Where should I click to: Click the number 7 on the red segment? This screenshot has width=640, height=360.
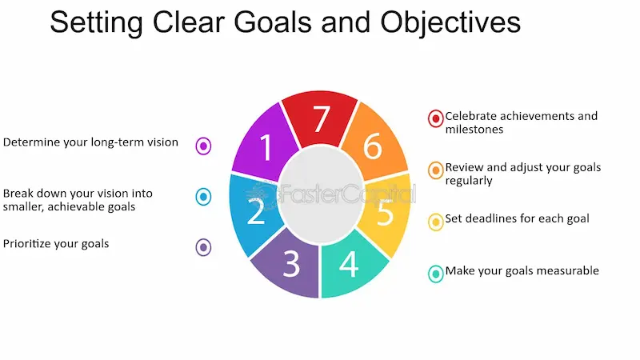(x=320, y=119)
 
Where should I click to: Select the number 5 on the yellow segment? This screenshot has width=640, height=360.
(x=386, y=214)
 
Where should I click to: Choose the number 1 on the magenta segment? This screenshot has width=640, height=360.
(x=266, y=147)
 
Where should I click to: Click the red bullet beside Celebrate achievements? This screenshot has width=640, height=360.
(x=436, y=118)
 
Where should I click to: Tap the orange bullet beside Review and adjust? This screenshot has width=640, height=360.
(x=436, y=170)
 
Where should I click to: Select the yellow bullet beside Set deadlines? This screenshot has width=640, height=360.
(x=436, y=222)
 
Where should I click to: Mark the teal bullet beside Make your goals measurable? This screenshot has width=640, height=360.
(x=436, y=274)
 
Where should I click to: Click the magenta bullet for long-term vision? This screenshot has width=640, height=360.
(x=204, y=146)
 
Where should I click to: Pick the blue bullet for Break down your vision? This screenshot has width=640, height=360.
(x=204, y=197)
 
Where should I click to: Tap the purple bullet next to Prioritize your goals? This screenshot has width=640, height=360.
(x=204, y=247)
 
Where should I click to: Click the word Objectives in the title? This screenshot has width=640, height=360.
(x=450, y=22)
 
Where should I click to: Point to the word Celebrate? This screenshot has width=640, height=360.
(x=473, y=116)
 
